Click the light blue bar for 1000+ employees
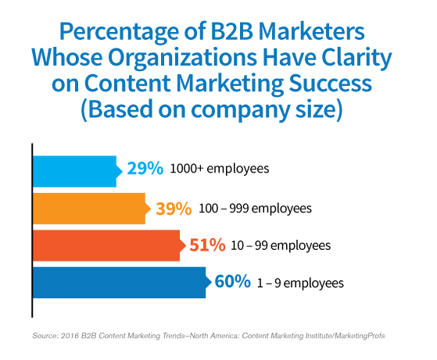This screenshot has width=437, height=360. point(77,171)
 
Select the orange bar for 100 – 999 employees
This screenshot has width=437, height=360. point(91,209)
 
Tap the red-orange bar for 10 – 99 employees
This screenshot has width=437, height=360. point(109,245)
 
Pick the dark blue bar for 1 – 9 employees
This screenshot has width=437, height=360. point(121,283)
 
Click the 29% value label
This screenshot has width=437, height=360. point(145,168)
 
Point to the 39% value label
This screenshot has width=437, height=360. point(174,209)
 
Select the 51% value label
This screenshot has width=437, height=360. point(207,245)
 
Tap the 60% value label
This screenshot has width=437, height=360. point(233,281)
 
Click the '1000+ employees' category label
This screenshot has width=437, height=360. point(220,169)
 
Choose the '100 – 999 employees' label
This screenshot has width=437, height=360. point(255,209)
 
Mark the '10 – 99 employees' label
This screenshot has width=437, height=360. point(281,245)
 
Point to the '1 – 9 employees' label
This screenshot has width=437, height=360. point(300,283)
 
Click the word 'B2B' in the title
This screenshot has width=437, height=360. point(231,31)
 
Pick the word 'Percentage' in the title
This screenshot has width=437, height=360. point(119,32)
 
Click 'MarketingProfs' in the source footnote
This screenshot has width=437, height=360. point(360,336)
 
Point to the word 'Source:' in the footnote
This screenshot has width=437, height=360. point(45,336)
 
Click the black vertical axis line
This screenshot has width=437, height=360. point(32,230)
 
